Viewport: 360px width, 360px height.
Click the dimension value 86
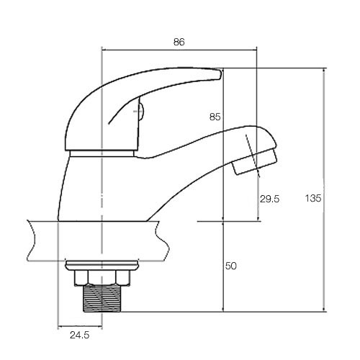pyautogui.click(x=179, y=42)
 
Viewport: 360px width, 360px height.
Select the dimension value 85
pyautogui.click(x=215, y=117)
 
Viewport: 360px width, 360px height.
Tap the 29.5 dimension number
pyautogui.click(x=270, y=199)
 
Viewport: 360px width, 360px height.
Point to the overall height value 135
pyautogui.click(x=313, y=198)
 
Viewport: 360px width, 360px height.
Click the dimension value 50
pyautogui.click(x=231, y=266)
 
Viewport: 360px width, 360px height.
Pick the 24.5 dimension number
pyautogui.click(x=80, y=335)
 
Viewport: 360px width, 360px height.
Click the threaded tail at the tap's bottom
pyautogui.click(x=102, y=299)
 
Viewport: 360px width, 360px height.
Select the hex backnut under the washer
pyautogui.click(x=102, y=278)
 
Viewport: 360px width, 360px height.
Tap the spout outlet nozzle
pyautogui.click(x=255, y=161)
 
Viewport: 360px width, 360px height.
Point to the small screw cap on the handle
pyautogui.click(x=141, y=111)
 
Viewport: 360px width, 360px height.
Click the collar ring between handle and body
pyautogui.click(x=102, y=153)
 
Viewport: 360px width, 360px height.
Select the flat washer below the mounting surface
pyautogui.click(x=102, y=265)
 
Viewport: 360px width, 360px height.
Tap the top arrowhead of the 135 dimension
pyautogui.click(x=324, y=71)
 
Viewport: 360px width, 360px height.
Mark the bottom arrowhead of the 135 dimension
pyautogui.click(x=324, y=310)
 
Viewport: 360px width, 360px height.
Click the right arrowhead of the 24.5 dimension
pyautogui.click(x=100, y=326)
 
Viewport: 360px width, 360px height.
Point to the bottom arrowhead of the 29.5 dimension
pyautogui.click(x=258, y=218)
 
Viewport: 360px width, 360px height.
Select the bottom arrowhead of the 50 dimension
pyautogui.click(x=223, y=310)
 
